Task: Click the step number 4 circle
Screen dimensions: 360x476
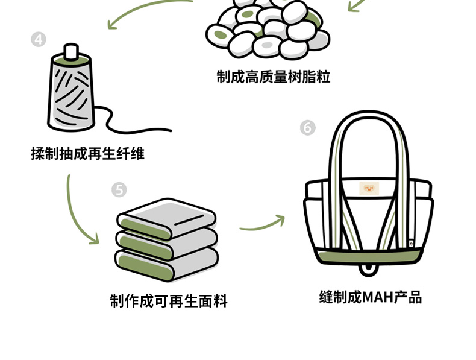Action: coord(38,40)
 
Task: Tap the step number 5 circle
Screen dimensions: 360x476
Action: coord(119,190)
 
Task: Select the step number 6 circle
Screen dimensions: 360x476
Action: coord(307,128)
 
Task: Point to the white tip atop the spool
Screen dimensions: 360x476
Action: coord(72,52)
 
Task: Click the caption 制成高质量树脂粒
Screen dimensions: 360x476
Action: coord(273,77)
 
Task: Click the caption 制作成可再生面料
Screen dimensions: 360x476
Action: coord(169,301)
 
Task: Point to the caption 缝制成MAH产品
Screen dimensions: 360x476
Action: coord(370,297)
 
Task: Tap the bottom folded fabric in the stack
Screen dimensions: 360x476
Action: coord(166,262)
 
